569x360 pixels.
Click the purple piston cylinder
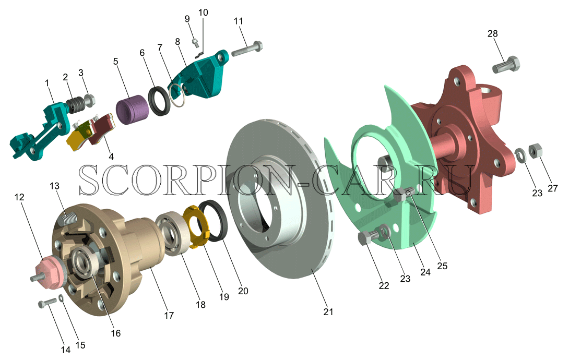[x=132, y=109]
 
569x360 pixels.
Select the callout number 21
[x=328, y=312]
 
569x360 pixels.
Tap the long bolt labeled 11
[x=247, y=49]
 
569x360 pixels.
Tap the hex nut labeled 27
[x=535, y=151]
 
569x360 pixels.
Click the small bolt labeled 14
[x=48, y=303]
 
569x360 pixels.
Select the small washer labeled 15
[x=62, y=298]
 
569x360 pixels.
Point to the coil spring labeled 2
[x=77, y=104]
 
